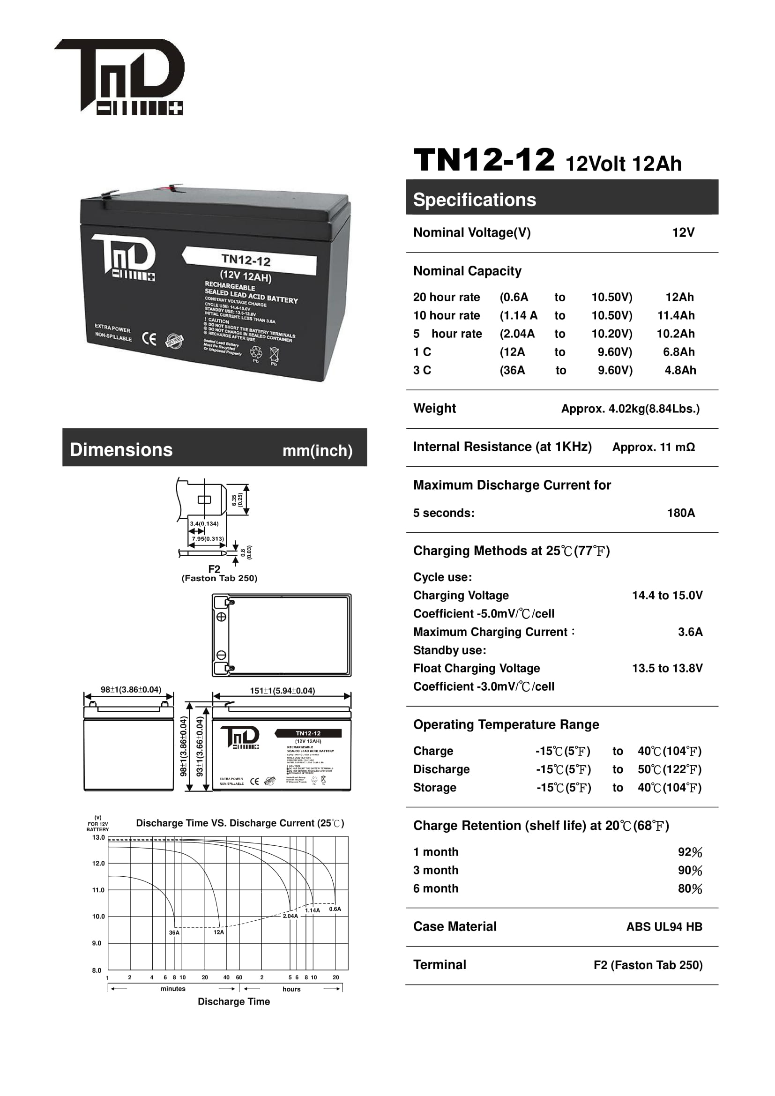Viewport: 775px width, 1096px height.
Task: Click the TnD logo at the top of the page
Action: tap(119, 76)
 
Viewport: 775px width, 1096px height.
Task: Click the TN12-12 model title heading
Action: tap(484, 160)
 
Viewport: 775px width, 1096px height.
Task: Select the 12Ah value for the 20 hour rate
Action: tap(679, 297)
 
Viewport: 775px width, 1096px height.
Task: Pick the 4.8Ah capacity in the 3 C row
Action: tap(680, 370)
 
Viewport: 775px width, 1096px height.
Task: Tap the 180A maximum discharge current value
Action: tap(680, 513)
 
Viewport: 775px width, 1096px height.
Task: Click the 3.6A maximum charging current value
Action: tap(690, 632)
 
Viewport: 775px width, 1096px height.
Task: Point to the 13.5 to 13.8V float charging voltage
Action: tap(667, 668)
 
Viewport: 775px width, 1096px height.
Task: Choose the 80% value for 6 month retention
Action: tap(690, 888)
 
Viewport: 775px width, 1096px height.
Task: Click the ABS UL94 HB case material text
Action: tap(664, 926)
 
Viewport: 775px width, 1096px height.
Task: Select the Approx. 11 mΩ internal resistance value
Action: tap(653, 447)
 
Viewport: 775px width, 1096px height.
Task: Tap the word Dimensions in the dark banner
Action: tap(121, 450)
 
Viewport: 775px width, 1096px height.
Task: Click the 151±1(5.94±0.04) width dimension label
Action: tap(283, 690)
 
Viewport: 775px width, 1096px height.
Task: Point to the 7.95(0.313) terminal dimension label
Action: tap(208, 538)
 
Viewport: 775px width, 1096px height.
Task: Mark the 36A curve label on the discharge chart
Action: tap(174, 932)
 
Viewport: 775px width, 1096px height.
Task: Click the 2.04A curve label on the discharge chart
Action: tap(290, 916)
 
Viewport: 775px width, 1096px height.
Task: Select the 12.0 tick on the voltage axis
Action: tap(98, 863)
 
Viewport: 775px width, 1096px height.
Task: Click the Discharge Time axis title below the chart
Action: tap(234, 1001)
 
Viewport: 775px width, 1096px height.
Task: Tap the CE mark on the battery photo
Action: tap(149, 338)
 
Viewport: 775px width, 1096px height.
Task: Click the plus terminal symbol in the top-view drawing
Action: tap(222, 617)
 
